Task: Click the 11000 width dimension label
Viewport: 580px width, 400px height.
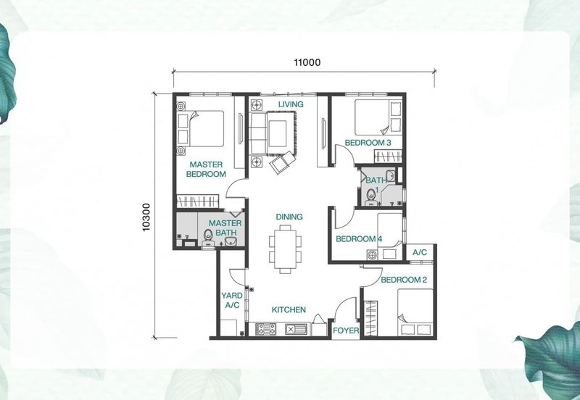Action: click(x=307, y=62)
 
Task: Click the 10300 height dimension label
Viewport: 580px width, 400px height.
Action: click(x=146, y=217)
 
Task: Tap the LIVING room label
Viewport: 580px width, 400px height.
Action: click(x=291, y=104)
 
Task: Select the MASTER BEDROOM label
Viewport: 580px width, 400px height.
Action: click(x=206, y=170)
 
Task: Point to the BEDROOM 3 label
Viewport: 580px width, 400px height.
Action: click(x=368, y=143)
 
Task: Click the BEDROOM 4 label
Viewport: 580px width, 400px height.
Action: click(x=359, y=239)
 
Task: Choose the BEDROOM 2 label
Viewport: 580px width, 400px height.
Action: click(x=404, y=280)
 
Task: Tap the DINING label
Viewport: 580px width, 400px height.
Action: click(x=289, y=217)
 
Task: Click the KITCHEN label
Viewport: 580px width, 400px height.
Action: click(x=289, y=310)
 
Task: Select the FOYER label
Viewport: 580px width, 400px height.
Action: click(x=346, y=330)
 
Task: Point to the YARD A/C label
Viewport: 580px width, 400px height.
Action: click(x=232, y=300)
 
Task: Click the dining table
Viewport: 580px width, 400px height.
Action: click(x=285, y=249)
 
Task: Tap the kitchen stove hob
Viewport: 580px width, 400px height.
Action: click(x=265, y=329)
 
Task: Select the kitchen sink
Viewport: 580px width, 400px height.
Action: click(x=295, y=329)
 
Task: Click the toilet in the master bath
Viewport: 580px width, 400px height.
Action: click(x=208, y=238)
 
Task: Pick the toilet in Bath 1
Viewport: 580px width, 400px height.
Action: click(x=370, y=197)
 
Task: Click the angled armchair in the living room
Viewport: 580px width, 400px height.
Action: click(x=282, y=162)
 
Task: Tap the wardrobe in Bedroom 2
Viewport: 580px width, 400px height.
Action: click(x=371, y=318)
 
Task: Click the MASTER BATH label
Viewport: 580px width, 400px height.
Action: click(x=225, y=228)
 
